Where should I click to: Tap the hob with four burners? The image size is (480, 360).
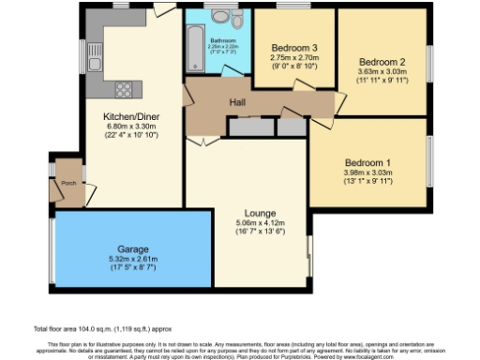(x=123, y=90)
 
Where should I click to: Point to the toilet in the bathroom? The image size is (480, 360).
(x=237, y=20)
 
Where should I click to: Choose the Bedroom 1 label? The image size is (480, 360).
(x=368, y=161)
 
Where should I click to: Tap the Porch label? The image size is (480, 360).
(x=68, y=184)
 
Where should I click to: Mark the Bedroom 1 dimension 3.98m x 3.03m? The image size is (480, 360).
(x=368, y=172)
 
